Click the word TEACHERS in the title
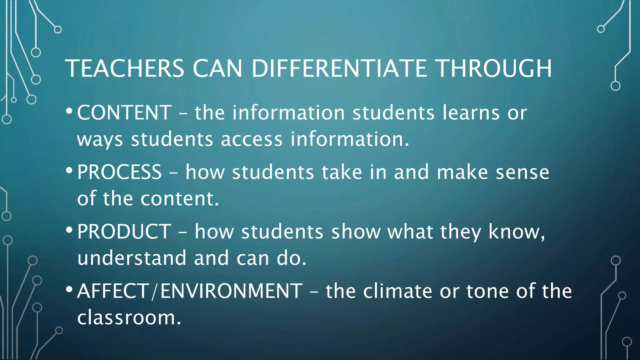click(124, 68)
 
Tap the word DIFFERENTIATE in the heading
click(339, 68)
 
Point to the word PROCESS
click(119, 172)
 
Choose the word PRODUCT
click(124, 232)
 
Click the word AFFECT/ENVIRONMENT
click(190, 291)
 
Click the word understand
click(132, 258)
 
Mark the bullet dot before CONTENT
click(69, 111)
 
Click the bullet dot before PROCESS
click(69, 171)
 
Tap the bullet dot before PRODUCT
click(69, 230)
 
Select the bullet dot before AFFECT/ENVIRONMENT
click(69, 289)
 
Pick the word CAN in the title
click(217, 68)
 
